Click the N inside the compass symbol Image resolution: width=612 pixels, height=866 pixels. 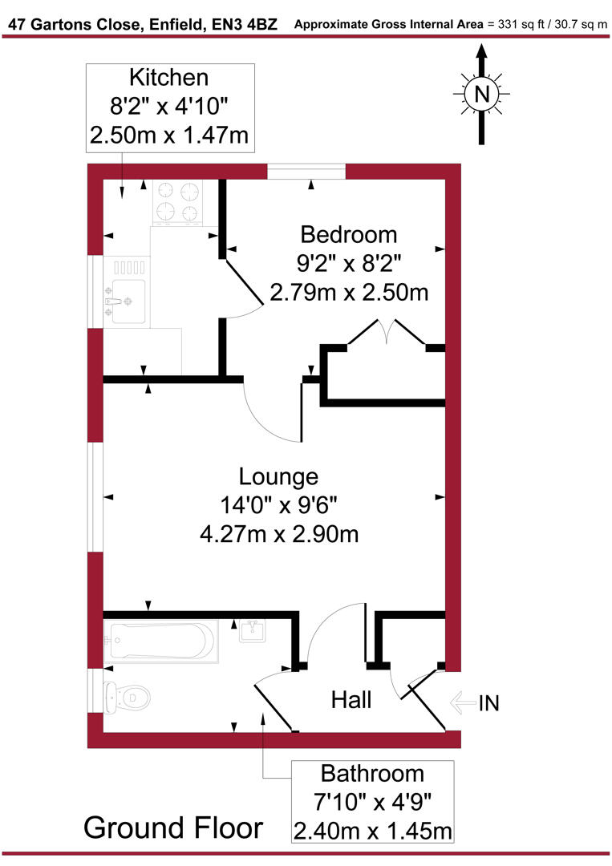point(481,94)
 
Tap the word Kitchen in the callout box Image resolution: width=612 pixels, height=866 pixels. point(169,78)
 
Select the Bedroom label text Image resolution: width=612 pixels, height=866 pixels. point(348,234)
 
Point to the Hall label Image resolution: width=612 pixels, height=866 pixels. point(351,700)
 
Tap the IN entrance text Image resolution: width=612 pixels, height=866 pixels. point(488,703)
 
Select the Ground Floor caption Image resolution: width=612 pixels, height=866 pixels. point(172,827)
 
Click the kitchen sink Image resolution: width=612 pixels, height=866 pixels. point(127,290)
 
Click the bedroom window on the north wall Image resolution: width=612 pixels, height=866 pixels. point(306,171)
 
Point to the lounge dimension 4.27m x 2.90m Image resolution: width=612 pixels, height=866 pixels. point(279,532)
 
